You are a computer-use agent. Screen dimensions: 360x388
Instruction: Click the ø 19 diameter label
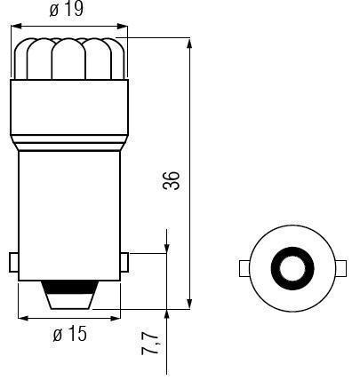(67, 10)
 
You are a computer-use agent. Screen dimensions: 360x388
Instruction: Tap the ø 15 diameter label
(70, 334)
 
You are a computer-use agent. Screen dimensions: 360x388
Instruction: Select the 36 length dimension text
(172, 180)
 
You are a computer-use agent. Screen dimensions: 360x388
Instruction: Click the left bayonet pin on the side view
(13, 262)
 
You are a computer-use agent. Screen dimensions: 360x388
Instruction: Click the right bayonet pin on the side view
(124, 262)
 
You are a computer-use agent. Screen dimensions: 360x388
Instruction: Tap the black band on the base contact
(70, 287)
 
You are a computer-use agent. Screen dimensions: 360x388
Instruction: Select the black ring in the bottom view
(292, 268)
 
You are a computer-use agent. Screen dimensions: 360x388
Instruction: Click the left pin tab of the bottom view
(244, 268)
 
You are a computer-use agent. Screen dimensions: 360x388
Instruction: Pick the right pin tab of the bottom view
(341, 268)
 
